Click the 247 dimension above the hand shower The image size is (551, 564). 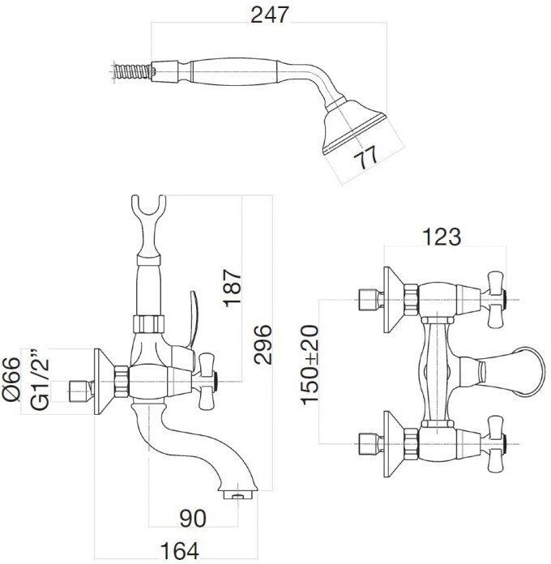(270, 15)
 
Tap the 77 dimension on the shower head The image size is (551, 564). (365, 156)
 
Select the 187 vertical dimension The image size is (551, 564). (233, 288)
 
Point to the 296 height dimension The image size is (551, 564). (263, 344)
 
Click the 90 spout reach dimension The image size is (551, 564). (193, 519)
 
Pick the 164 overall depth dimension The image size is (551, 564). (179, 551)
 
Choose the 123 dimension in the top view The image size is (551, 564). (442, 237)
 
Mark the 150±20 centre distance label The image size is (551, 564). (310, 365)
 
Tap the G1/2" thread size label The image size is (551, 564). (39, 379)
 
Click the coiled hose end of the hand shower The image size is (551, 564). (131, 70)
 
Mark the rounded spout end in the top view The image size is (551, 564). (529, 372)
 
